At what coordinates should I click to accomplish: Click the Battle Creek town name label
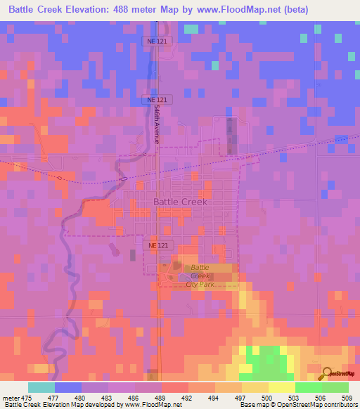coord(180,202)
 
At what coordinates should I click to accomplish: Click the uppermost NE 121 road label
coord(158,41)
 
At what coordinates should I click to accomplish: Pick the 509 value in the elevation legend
coord(348,397)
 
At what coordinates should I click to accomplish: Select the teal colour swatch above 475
coord(41,387)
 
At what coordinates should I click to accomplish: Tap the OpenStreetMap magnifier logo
coord(327,374)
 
